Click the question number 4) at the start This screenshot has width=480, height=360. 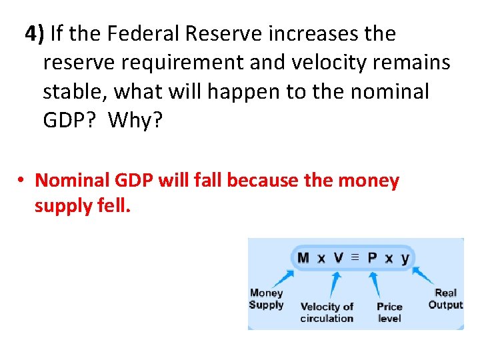click(34, 33)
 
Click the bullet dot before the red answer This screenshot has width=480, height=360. click(21, 181)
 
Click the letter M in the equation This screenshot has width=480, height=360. click(303, 258)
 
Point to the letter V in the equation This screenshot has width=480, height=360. click(339, 258)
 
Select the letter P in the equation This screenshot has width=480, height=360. click(372, 258)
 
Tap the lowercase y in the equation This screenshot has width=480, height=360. click(405, 259)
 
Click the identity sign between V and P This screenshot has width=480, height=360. click(355, 257)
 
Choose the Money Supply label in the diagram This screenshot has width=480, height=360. click(266, 299)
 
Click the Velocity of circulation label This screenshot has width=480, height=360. click(327, 312)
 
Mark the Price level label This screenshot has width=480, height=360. click(389, 312)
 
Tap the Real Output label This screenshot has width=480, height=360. click(445, 299)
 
